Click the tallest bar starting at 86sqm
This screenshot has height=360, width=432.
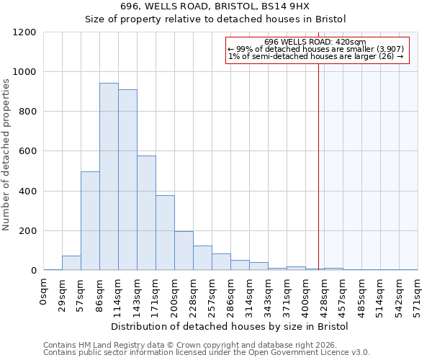[109, 176]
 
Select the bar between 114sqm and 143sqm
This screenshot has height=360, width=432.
[127, 180]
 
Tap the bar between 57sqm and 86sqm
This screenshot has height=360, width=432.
[90, 221]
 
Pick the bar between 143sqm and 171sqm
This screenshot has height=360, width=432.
[146, 213]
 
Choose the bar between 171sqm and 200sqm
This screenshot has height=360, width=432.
[165, 233]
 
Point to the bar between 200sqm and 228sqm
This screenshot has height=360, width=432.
[184, 251]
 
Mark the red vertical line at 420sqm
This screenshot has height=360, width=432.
[318, 158]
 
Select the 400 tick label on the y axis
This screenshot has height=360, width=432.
[27, 192]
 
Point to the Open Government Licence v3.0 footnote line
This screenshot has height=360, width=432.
[207, 352]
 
